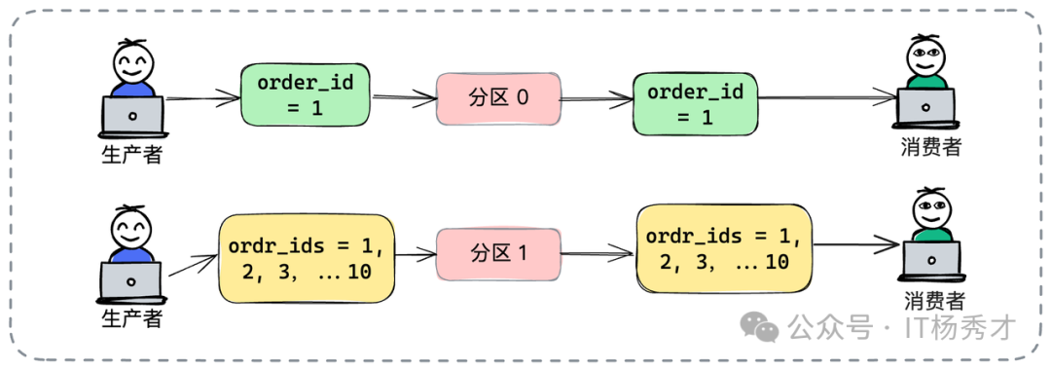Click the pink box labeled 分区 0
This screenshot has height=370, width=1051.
click(496, 98)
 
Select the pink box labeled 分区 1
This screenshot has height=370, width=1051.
click(498, 255)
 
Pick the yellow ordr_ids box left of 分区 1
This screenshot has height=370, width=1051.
click(307, 258)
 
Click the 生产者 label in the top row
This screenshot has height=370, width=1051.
click(132, 155)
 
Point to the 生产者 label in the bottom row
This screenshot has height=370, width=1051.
click(132, 317)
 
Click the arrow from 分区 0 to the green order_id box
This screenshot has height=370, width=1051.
click(596, 100)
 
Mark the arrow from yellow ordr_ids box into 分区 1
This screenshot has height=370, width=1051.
click(416, 255)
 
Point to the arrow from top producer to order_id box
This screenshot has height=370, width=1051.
click(203, 99)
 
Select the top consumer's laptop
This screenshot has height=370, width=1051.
click(926, 108)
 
